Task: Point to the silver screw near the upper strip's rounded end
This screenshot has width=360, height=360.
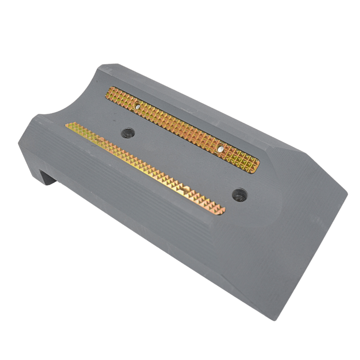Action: [x=220, y=148]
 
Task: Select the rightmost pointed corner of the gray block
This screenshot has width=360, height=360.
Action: [x=348, y=194]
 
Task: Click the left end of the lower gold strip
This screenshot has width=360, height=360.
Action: [x=68, y=126]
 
